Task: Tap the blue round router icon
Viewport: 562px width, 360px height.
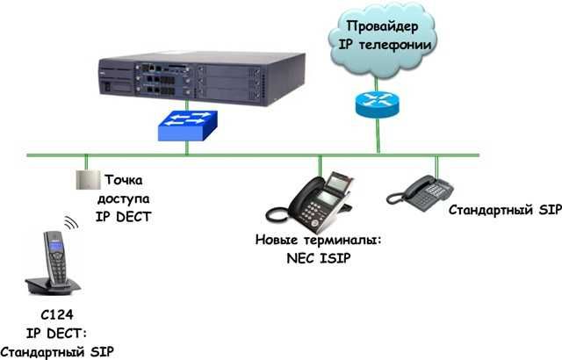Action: (x=378, y=103)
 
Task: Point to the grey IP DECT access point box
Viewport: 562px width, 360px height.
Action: (x=86, y=180)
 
